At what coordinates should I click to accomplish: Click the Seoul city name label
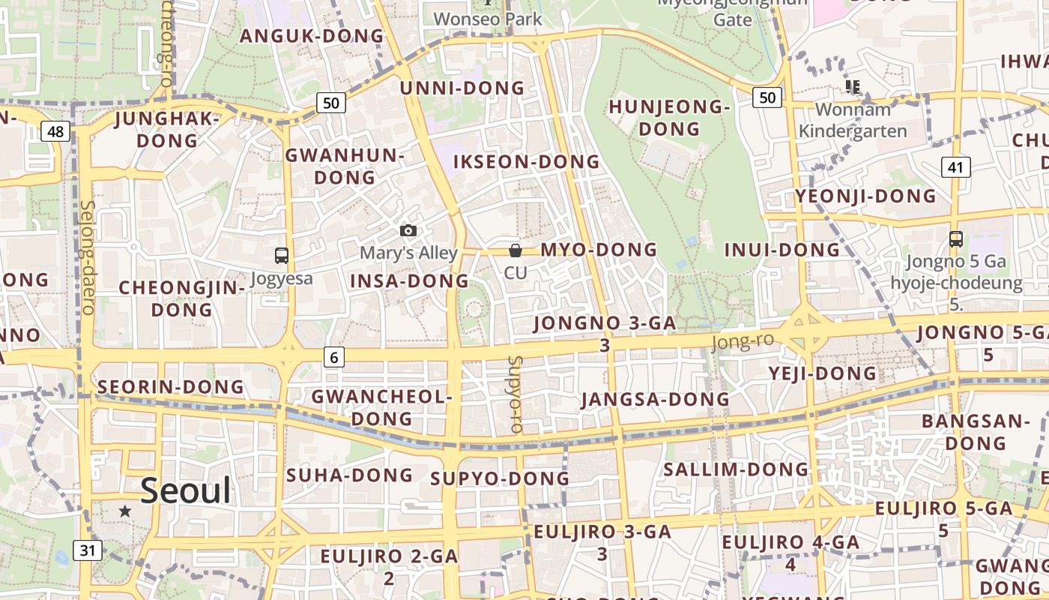(186, 490)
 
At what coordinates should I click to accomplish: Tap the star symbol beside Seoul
(125, 511)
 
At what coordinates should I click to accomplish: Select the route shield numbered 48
(55, 132)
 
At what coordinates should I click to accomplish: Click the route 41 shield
(955, 167)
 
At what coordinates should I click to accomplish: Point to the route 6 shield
(334, 358)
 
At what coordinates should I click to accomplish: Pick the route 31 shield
(88, 550)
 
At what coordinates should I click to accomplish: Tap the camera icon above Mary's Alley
(408, 230)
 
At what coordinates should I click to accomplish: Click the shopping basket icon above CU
(516, 250)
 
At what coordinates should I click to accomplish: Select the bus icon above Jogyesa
(282, 256)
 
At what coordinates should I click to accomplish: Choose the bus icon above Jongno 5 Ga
(956, 239)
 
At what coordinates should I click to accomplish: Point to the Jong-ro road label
(742, 341)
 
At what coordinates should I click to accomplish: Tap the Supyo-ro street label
(515, 394)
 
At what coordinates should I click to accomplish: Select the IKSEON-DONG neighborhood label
(527, 162)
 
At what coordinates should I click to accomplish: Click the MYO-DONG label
(599, 250)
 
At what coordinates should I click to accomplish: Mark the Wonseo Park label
(488, 19)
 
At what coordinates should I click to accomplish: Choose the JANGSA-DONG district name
(656, 399)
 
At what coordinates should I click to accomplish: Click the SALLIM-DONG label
(737, 470)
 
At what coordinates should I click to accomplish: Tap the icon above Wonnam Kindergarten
(852, 87)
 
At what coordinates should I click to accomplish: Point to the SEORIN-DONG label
(172, 387)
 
